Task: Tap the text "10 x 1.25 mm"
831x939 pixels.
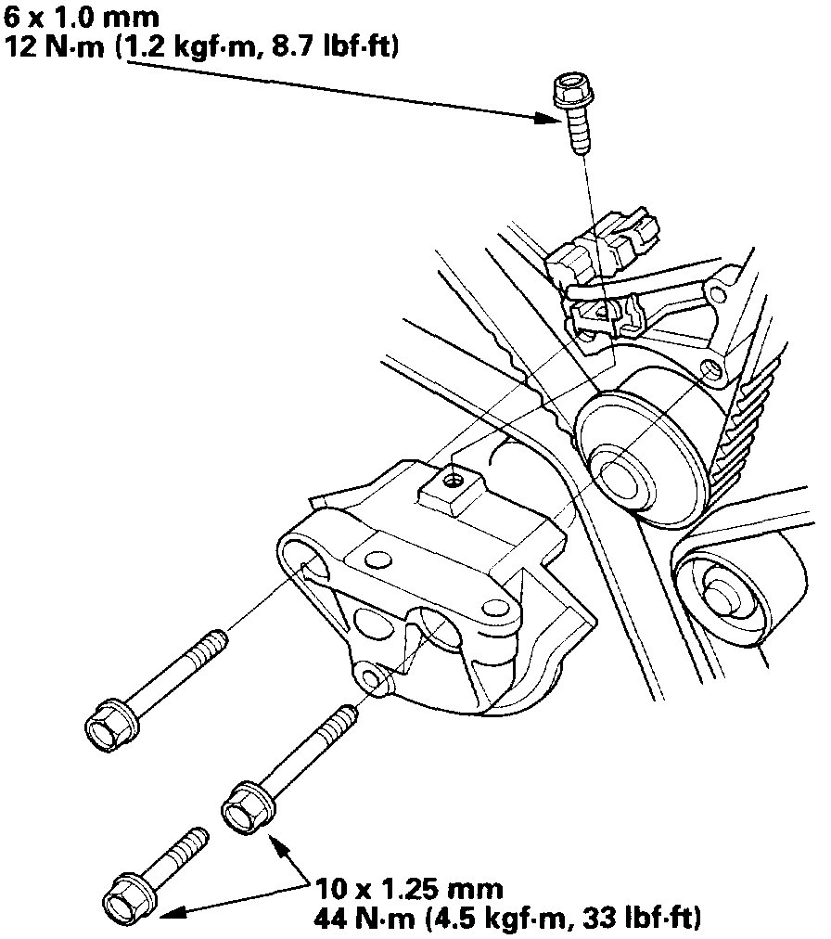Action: (x=409, y=889)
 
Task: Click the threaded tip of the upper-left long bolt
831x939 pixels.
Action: (x=215, y=639)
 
